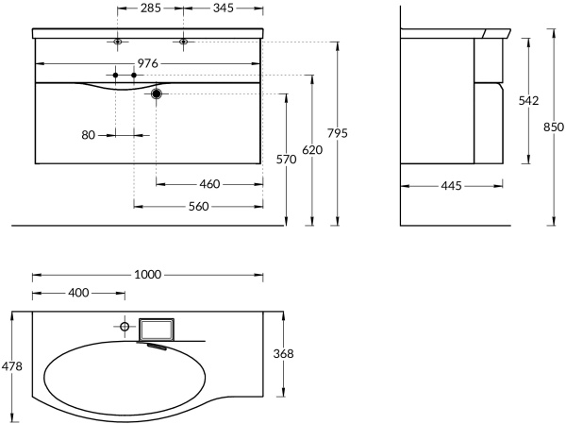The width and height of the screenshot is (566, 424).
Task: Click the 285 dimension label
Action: [x=150, y=9]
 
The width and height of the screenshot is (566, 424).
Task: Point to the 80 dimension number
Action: [x=89, y=135]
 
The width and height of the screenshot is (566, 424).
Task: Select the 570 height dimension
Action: [x=287, y=160]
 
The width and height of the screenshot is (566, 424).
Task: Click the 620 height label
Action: [x=312, y=148]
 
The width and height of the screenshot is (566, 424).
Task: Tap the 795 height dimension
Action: [x=337, y=133]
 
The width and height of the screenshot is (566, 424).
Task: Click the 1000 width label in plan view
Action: [x=148, y=275]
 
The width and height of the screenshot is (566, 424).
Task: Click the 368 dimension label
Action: [x=283, y=353]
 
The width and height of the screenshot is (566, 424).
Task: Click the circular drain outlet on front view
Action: [x=157, y=93]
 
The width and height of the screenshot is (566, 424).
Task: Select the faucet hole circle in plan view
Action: [x=123, y=326]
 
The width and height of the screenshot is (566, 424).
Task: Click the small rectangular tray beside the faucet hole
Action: [x=156, y=330]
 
